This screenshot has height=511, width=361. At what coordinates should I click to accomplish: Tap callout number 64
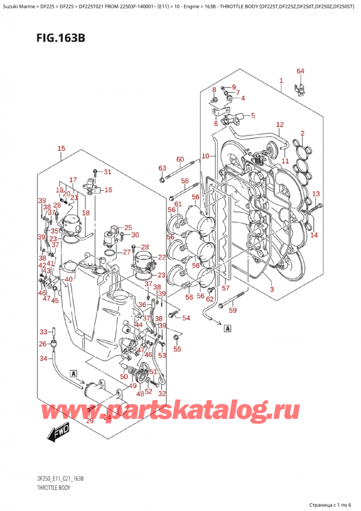pyautogui.click(x=301, y=72)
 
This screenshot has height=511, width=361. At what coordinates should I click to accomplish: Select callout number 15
pyautogui.click(x=61, y=149)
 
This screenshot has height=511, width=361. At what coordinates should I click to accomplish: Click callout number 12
pyautogui.click(x=279, y=125)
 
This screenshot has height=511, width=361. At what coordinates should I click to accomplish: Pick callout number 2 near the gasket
pyautogui.click(x=303, y=133)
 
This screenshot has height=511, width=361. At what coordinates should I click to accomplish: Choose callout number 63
pyautogui.click(x=162, y=168)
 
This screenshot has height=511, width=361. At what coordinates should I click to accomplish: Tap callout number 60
pyautogui.click(x=179, y=159)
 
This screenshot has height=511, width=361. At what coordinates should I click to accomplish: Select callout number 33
pyautogui.click(x=43, y=331)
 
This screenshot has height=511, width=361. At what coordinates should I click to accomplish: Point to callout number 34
pyautogui.click(x=43, y=359)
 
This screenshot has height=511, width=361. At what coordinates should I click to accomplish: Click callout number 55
pyautogui.click(x=177, y=349)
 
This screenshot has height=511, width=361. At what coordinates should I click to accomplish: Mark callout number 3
pyautogui.click(x=271, y=290)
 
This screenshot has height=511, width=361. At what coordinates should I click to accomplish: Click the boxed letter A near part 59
pyautogui.click(x=227, y=328)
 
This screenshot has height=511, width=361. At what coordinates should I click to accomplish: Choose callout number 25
pyautogui.click(x=128, y=227)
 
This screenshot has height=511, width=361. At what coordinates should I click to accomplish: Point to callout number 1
pyautogui.click(x=280, y=80)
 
